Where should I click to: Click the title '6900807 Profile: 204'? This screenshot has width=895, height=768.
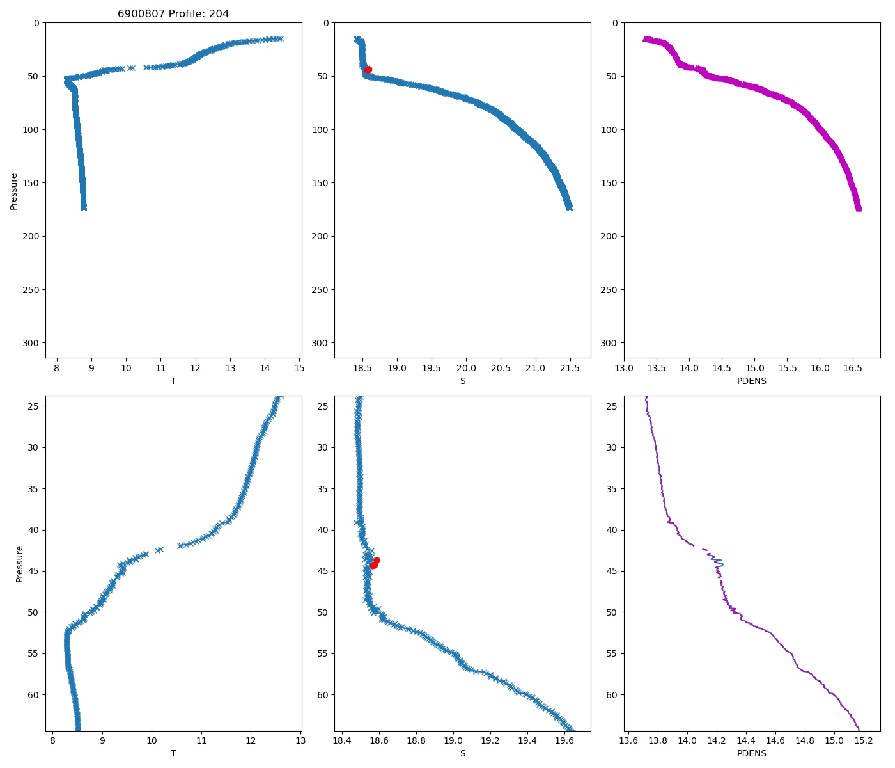tap(173, 13)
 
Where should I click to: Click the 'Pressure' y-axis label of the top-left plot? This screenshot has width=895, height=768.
tap(14, 191)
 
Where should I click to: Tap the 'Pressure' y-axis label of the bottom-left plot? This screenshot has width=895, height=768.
tap(19, 563)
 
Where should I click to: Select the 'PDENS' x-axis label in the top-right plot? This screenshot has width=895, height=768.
tap(752, 381)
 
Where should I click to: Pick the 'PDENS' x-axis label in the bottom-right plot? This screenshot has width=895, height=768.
tap(752, 753)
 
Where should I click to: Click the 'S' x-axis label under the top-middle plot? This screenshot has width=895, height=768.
tap(463, 381)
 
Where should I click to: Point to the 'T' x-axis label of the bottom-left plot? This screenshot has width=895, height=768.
tap(173, 753)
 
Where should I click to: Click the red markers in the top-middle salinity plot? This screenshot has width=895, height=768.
tap(368, 70)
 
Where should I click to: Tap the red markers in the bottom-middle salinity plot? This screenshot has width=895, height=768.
tap(375, 563)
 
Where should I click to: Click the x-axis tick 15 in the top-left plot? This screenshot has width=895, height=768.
tap(299, 368)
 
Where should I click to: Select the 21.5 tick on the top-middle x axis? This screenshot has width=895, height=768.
tap(570, 368)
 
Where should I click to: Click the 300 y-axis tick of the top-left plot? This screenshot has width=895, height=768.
tap(32, 343)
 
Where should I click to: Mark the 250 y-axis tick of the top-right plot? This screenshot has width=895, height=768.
tap(611, 289)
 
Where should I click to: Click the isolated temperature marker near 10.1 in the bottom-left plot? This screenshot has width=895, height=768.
tap(159, 550)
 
